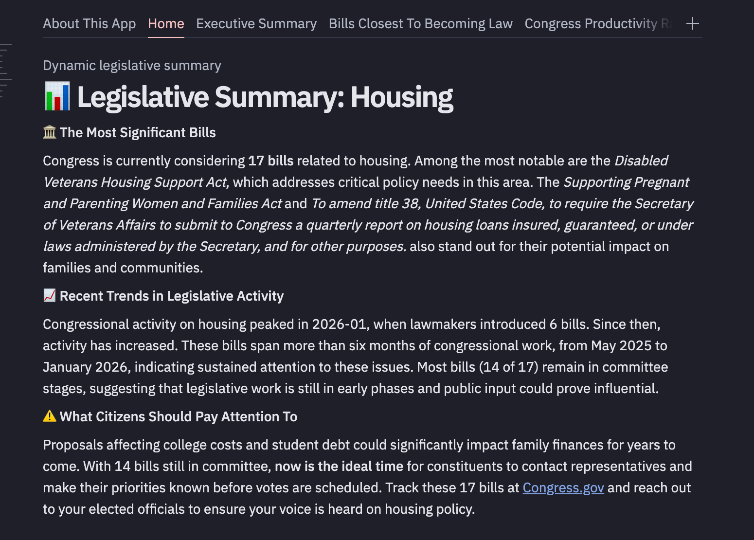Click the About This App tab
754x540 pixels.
click(89, 23)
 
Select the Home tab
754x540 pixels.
click(166, 23)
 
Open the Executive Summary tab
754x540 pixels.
click(256, 23)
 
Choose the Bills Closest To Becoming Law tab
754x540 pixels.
click(420, 23)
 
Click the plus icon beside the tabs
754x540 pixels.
click(692, 23)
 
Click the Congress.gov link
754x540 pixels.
click(563, 487)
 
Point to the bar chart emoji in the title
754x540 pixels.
click(57, 96)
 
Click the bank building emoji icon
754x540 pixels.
click(50, 132)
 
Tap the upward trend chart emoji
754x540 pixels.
click(50, 296)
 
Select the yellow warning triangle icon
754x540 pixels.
click(50, 416)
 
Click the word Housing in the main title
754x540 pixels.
click(402, 97)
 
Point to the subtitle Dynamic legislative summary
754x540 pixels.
click(132, 65)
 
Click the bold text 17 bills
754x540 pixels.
click(270, 161)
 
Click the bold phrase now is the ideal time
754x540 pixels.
click(339, 466)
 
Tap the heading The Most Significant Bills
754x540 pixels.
click(138, 132)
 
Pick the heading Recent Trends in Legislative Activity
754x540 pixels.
click(172, 296)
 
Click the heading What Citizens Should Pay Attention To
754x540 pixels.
click(179, 416)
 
